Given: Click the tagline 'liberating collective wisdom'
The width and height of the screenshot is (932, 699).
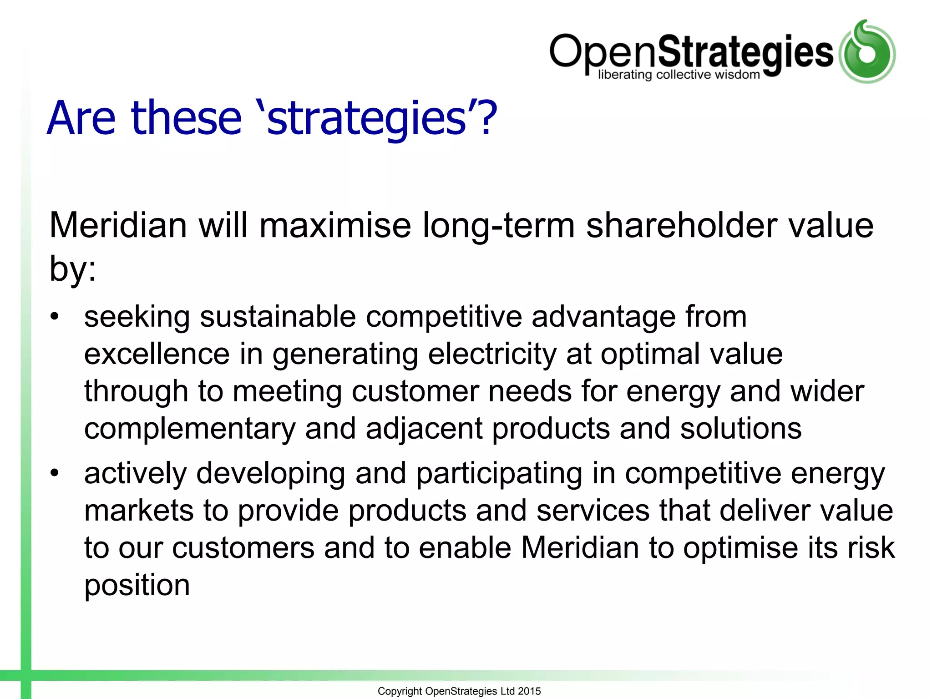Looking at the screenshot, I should pyautogui.click(x=679, y=75).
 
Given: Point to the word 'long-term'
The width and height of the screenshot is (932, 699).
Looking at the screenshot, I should pyautogui.click(x=498, y=226).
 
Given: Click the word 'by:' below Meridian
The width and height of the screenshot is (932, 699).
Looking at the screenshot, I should pyautogui.click(x=73, y=268).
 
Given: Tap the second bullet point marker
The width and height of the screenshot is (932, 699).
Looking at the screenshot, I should pyautogui.click(x=55, y=473).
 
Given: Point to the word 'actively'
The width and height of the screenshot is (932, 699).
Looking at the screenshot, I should pyautogui.click(x=135, y=473).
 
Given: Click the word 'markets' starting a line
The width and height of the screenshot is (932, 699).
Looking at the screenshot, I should pyautogui.click(x=139, y=511).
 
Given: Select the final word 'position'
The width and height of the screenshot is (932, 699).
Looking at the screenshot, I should pyautogui.click(x=137, y=585).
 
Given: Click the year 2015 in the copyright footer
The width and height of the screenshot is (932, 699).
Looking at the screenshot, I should pyautogui.click(x=529, y=691).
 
